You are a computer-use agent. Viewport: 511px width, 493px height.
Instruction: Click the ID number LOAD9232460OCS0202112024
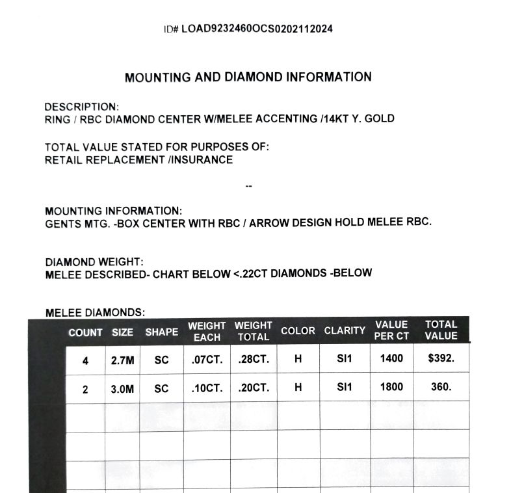click(257, 29)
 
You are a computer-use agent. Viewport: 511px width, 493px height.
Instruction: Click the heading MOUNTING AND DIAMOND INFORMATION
click(248, 77)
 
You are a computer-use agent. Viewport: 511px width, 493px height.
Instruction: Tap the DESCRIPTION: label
click(81, 107)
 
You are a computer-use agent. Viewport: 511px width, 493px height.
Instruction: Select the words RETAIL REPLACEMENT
click(105, 160)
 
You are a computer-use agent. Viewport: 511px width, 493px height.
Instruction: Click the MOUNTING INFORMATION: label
click(113, 211)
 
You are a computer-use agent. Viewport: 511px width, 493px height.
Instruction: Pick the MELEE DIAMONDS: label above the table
click(95, 313)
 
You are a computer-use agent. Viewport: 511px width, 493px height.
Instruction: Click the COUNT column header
click(85, 332)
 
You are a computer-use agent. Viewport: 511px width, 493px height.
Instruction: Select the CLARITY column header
click(345, 330)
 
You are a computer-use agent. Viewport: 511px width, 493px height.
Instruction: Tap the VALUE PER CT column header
click(391, 330)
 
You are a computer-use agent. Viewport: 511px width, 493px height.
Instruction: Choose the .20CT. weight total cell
click(253, 388)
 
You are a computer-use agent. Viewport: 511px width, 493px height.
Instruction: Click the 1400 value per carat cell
click(391, 358)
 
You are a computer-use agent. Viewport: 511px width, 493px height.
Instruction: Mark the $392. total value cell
click(441, 358)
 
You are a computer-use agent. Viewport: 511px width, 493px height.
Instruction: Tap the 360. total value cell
click(441, 386)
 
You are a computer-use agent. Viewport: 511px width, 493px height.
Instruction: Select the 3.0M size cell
click(122, 388)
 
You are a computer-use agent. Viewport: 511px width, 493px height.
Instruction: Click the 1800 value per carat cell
click(391, 386)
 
